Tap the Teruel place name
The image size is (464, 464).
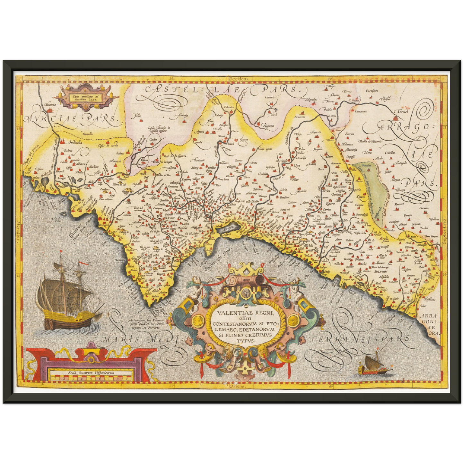pyautogui.click(x=403, y=111)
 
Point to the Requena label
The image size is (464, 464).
pyautogui.click(x=269, y=126)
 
